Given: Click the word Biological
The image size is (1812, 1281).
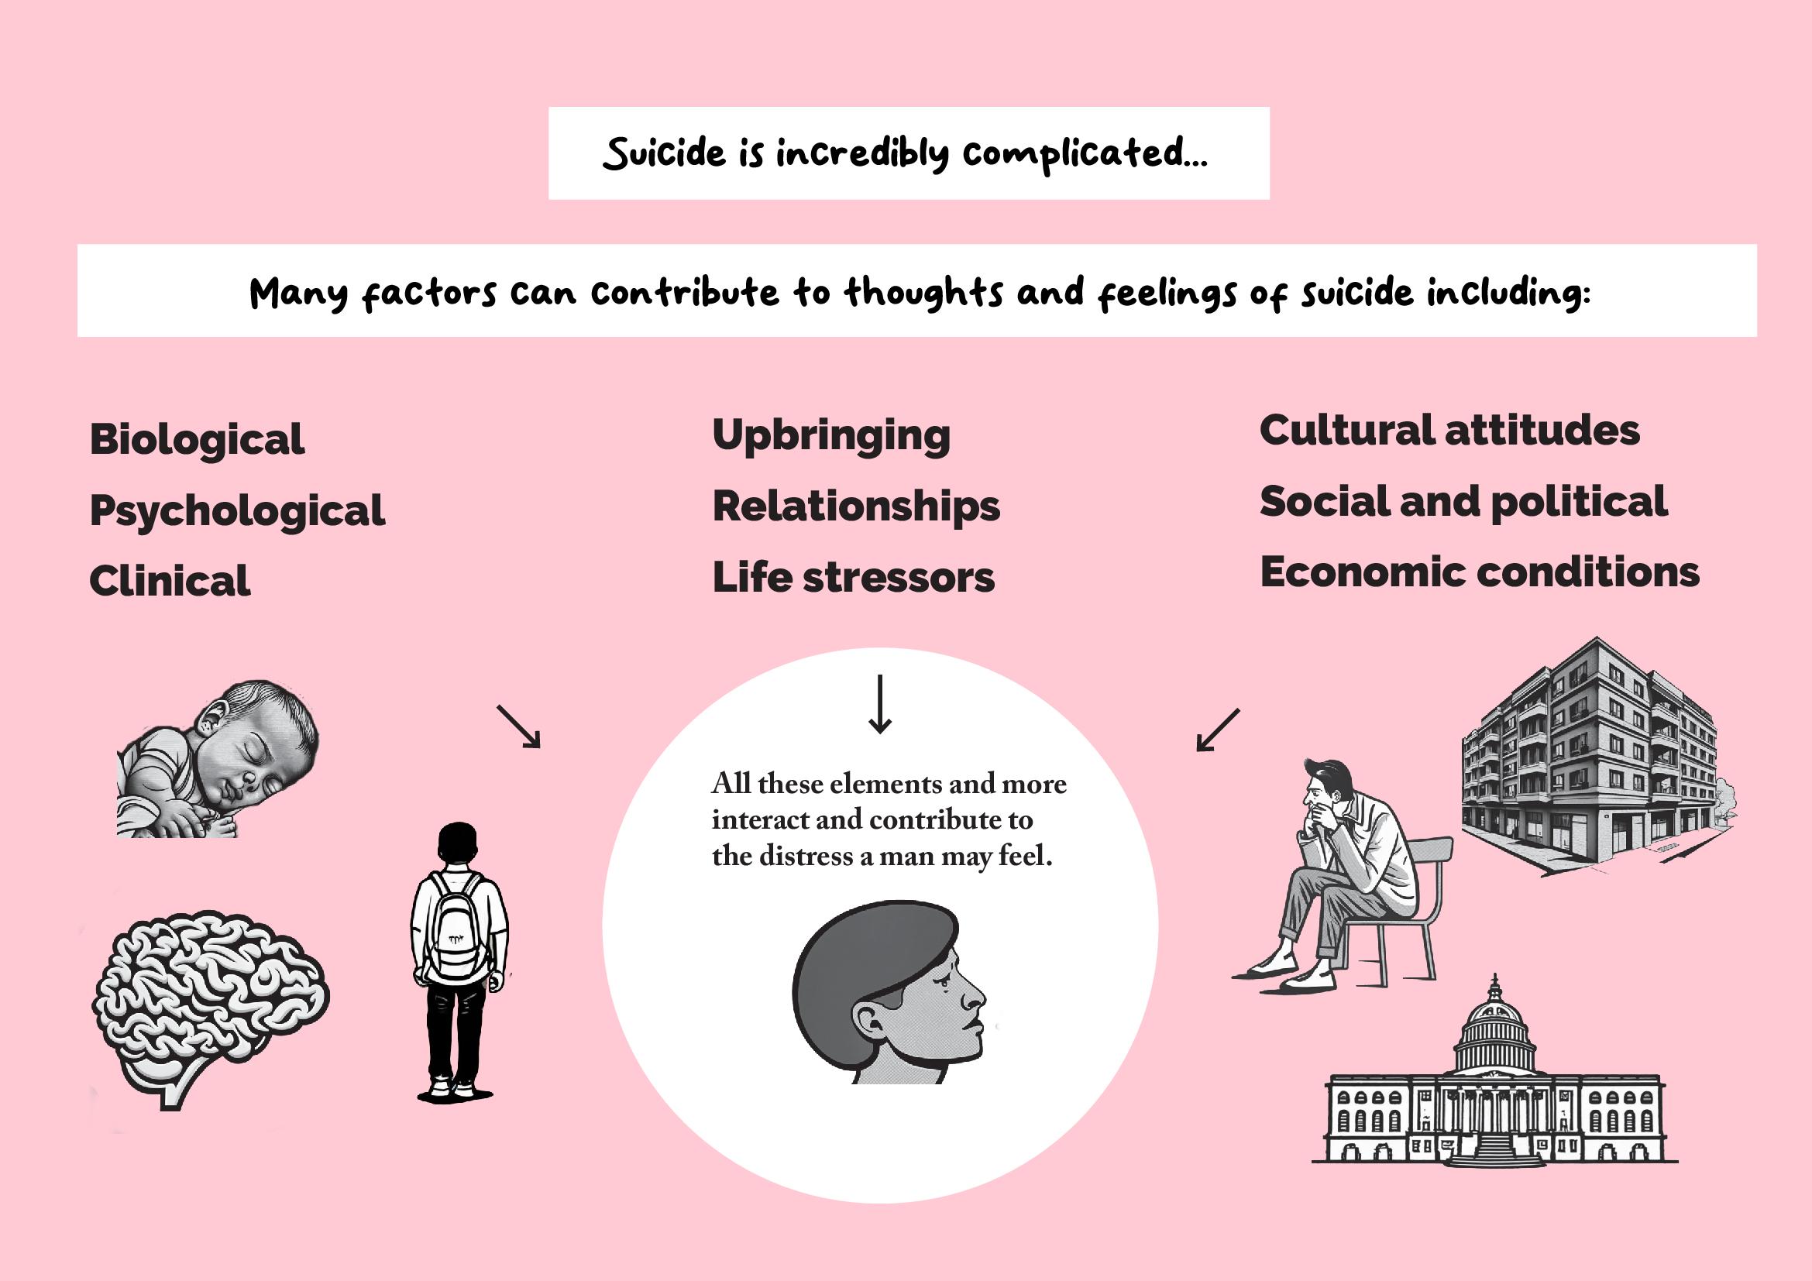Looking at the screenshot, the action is click(x=197, y=439).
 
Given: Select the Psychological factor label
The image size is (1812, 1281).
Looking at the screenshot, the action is click(x=237, y=510).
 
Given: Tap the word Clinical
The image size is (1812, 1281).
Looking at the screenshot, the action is click(x=170, y=582).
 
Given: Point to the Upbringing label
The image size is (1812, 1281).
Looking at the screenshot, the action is click(x=831, y=435).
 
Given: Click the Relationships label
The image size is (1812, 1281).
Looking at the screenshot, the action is click(x=855, y=507).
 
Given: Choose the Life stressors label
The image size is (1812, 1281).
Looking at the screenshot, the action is click(x=853, y=578).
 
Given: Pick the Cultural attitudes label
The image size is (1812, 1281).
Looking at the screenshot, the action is click(x=1449, y=431).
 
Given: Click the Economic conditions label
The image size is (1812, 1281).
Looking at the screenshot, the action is click(x=1479, y=572).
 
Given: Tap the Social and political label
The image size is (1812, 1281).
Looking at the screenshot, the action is click(x=1463, y=502).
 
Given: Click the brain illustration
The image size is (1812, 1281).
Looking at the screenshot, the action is click(x=209, y=1001).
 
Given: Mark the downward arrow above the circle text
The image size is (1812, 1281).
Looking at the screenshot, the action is click(x=879, y=703).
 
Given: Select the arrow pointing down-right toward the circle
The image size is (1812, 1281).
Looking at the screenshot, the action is click(x=518, y=726).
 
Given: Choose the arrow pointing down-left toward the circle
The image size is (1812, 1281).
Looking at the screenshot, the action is click(x=1218, y=730).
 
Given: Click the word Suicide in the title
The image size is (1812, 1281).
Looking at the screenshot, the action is click(x=664, y=153).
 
